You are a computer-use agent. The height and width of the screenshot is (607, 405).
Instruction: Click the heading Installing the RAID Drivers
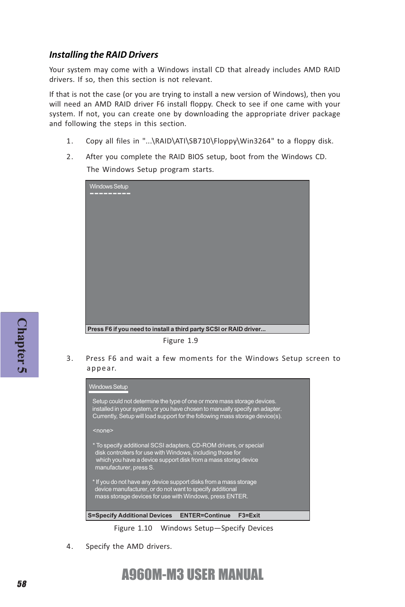(x=104, y=55)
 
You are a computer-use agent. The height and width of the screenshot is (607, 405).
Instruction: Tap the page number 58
(x=22, y=584)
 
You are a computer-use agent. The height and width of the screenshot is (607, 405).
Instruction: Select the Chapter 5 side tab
(x=20, y=345)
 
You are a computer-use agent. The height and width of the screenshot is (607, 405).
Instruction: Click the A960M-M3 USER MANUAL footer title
(x=192, y=574)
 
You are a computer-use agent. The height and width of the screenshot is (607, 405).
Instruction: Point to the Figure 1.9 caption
(x=180, y=340)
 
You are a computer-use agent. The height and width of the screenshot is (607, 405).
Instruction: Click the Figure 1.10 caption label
(x=133, y=528)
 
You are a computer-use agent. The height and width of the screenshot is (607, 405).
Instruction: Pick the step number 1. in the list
(x=70, y=141)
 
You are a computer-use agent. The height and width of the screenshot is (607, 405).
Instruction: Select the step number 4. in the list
(x=70, y=546)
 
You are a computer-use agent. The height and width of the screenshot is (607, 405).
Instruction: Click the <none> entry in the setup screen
(x=103, y=430)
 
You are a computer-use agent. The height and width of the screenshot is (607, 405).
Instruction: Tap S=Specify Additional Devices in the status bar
(x=130, y=515)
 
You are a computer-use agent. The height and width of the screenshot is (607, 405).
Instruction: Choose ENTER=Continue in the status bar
(x=205, y=515)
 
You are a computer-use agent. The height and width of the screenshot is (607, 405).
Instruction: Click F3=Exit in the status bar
(x=249, y=515)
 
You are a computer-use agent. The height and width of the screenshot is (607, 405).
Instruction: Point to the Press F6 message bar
(x=177, y=329)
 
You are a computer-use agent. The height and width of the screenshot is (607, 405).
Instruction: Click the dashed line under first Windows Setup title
(x=110, y=194)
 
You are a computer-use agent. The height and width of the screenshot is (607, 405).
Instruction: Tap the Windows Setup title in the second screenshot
(x=108, y=387)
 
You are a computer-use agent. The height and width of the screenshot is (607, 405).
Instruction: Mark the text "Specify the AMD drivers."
(x=129, y=546)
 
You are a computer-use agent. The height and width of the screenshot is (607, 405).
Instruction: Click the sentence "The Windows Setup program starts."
(x=150, y=169)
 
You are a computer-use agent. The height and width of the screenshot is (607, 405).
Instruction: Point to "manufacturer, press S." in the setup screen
(x=124, y=467)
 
